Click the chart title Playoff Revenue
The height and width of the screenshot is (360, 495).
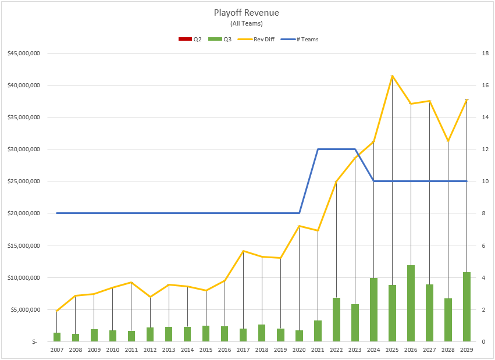click(247, 13)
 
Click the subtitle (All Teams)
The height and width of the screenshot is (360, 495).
click(247, 23)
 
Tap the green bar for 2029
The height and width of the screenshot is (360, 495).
click(466, 306)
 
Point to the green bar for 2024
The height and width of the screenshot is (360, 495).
click(373, 309)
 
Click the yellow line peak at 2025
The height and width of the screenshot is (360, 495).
click(392, 76)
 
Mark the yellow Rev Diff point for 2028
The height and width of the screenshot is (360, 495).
click(448, 141)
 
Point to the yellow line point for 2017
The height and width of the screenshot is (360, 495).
click(243, 251)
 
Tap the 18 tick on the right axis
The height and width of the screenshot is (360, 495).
click(484, 54)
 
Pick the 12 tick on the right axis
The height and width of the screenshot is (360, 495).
click(484, 149)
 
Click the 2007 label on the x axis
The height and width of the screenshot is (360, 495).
click(57, 350)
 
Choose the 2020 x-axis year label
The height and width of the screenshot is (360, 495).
click(299, 350)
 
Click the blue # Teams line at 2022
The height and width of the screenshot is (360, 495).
click(336, 149)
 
